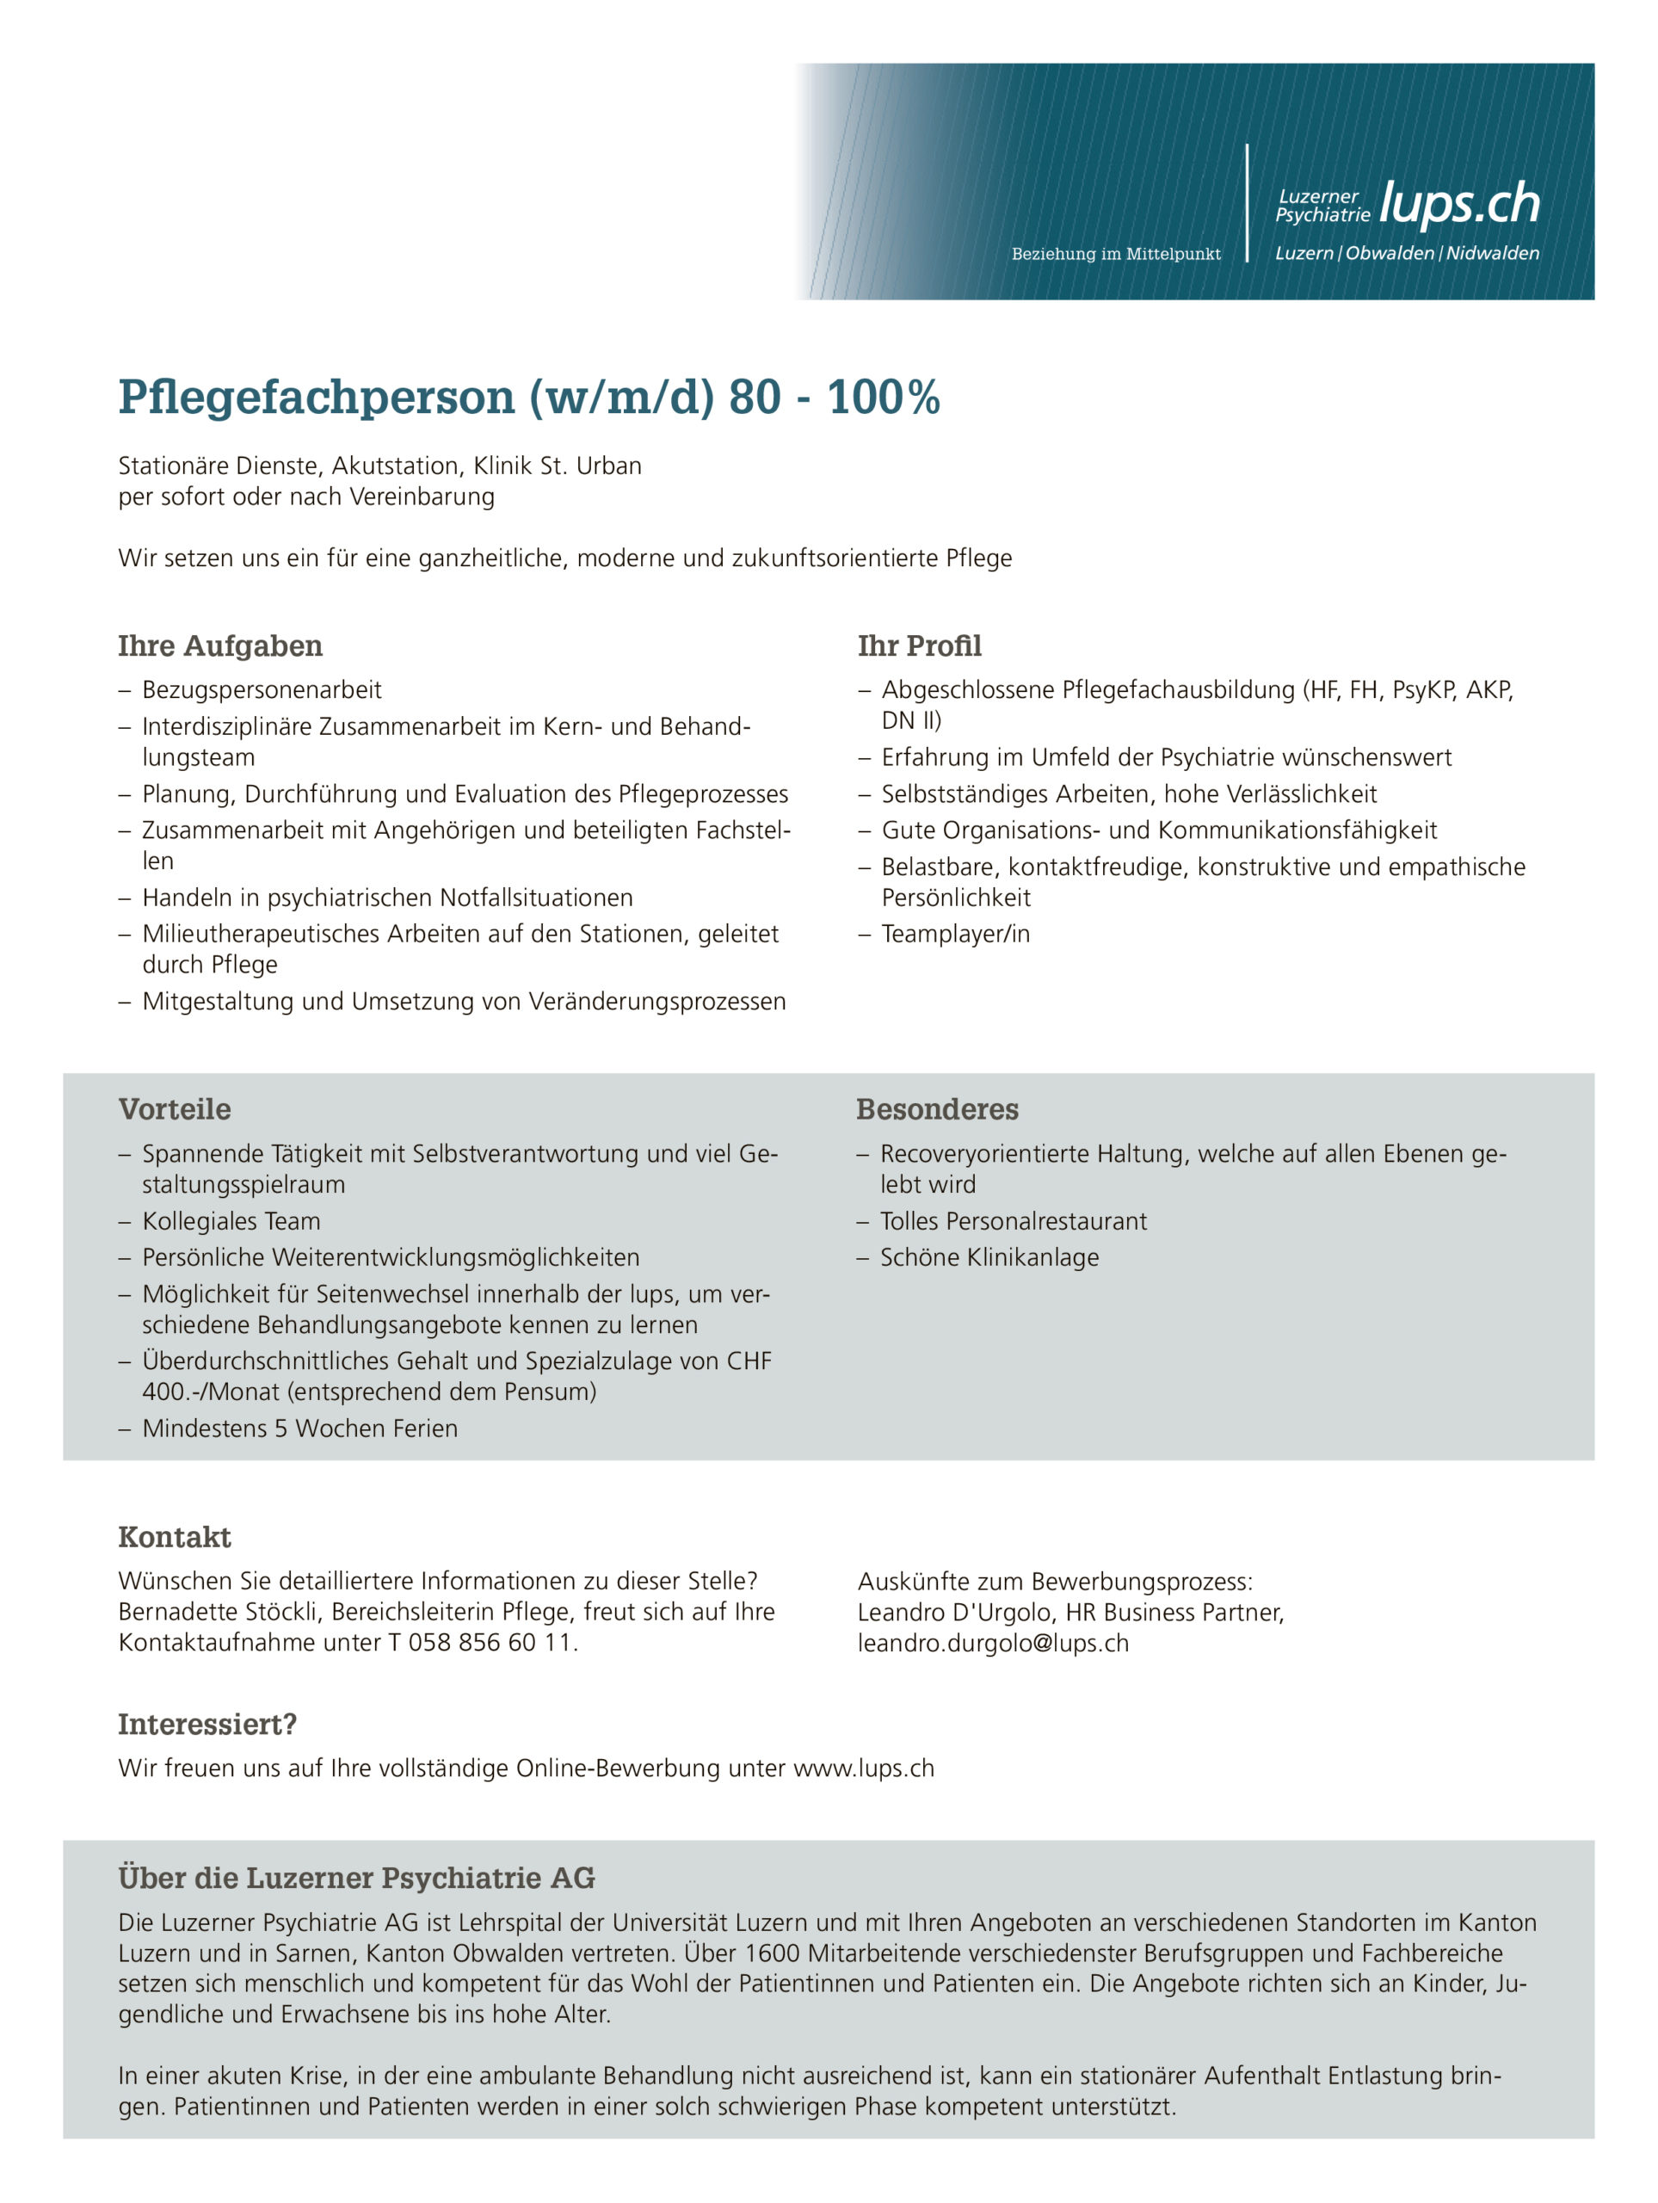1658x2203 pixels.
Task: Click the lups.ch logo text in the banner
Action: pos(1459,204)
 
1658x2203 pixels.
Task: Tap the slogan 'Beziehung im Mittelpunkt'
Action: pos(1115,254)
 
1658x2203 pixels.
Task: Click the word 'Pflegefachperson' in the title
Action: pos(317,398)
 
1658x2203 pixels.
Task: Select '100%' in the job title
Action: pos(884,398)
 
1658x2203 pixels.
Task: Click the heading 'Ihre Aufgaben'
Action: pos(220,646)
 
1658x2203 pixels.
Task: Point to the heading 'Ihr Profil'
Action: pos(919,646)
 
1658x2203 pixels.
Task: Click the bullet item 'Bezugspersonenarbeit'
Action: pos(262,689)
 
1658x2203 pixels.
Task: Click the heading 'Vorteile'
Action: pos(175,1109)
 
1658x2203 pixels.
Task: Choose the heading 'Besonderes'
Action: pos(937,1109)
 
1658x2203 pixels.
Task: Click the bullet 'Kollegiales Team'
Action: pos(231,1221)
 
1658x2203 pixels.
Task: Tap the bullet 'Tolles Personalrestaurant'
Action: pos(1013,1221)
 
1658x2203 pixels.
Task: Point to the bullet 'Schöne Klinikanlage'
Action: pos(989,1257)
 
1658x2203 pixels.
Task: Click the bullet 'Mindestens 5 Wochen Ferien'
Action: pos(299,1429)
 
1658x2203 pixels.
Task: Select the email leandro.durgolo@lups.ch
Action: pos(993,1644)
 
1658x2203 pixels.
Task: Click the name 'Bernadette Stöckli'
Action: pos(217,1612)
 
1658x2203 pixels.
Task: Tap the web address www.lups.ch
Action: pos(863,1768)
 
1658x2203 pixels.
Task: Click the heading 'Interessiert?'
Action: pos(207,1724)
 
